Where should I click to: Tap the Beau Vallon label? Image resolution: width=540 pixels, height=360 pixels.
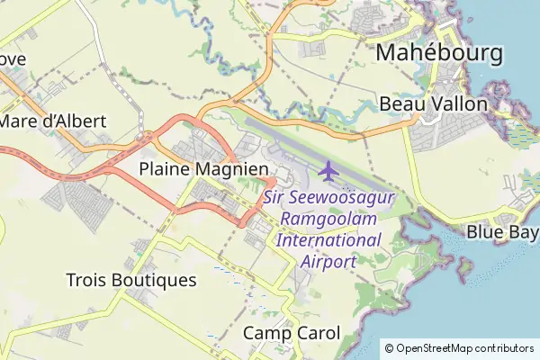433,103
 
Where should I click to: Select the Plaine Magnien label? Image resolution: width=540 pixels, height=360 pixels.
203,168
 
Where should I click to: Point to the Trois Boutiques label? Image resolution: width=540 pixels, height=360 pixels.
131,280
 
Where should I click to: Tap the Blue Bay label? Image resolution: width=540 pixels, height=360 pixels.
501,231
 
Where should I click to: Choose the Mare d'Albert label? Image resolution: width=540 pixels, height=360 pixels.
54,121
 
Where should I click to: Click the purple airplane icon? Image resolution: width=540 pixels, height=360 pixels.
329,168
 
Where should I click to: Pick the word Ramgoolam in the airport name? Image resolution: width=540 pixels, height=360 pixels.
329,219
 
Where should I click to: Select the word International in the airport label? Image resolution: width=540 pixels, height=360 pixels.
328,240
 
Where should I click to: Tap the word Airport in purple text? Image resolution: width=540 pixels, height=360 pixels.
329,262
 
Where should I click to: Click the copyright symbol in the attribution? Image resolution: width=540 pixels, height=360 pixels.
389,348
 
